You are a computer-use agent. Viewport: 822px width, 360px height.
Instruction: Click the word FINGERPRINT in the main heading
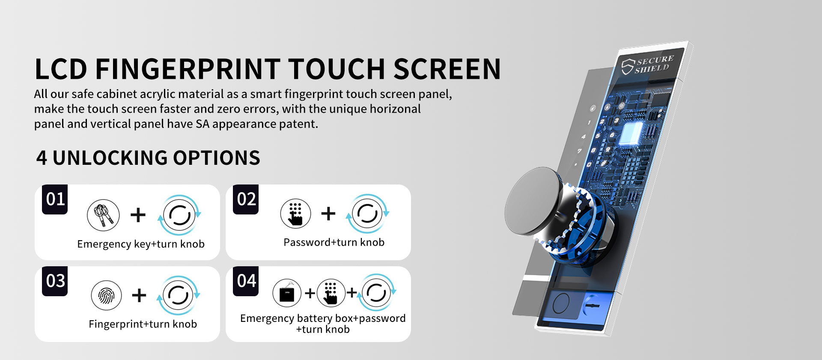pyautogui.click(x=187, y=69)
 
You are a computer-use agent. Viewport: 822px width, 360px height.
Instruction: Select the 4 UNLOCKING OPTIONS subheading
pyautogui.click(x=148, y=158)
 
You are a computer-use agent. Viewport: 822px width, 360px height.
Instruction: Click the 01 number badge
pyautogui.click(x=55, y=199)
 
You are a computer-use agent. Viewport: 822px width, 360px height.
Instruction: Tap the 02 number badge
pyautogui.click(x=246, y=199)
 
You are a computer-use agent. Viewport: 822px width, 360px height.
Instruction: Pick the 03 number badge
pyautogui.click(x=55, y=281)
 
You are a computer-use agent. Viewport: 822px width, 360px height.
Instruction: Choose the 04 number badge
pyautogui.click(x=246, y=281)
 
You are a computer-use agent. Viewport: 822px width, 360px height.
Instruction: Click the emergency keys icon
pyautogui.click(x=103, y=215)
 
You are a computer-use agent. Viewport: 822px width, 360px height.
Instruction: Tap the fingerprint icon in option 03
pyautogui.click(x=106, y=295)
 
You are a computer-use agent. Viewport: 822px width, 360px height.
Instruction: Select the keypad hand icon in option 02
pyautogui.click(x=295, y=214)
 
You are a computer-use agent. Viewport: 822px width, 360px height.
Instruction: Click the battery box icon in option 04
pyautogui.click(x=287, y=293)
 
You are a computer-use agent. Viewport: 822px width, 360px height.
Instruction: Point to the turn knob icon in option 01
pyautogui.click(x=179, y=215)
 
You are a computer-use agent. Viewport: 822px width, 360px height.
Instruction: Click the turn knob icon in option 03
pyautogui.click(x=178, y=295)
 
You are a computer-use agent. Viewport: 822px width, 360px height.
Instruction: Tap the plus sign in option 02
pyautogui.click(x=328, y=213)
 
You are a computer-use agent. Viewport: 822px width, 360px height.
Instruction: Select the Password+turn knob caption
pyautogui.click(x=334, y=242)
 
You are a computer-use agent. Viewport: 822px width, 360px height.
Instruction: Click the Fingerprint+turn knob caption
pyautogui.click(x=143, y=324)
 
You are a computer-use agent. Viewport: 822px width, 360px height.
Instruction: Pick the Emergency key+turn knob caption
pyautogui.click(x=141, y=244)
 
